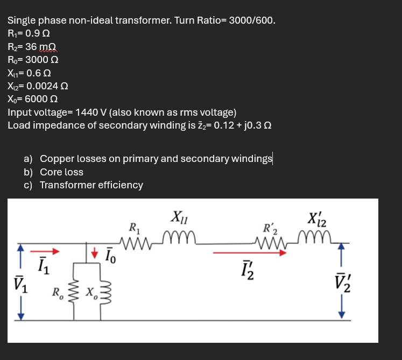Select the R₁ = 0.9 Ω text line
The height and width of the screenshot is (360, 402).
(30, 33)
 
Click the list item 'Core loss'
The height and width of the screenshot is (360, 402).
(61, 172)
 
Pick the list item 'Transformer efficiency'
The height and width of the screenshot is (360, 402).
(91, 185)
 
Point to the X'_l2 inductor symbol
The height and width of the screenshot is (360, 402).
(315, 237)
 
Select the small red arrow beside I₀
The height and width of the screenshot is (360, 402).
(95, 252)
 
